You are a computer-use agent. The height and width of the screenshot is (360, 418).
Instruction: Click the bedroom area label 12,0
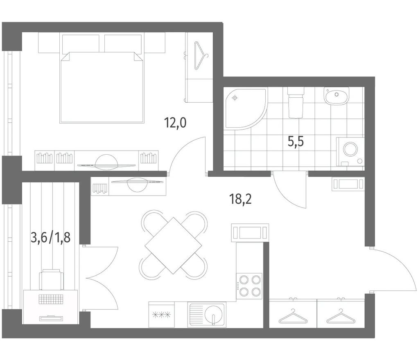[x=175, y=123]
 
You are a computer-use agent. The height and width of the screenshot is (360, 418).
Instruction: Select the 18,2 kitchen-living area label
[x=240, y=199]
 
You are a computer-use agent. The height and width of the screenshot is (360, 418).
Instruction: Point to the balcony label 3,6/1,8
[x=51, y=237]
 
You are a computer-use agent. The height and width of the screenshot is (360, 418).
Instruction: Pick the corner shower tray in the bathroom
[x=245, y=109]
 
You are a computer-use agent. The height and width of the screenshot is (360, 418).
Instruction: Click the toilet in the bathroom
[x=296, y=103]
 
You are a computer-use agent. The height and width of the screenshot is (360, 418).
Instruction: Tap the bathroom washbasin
[x=337, y=96]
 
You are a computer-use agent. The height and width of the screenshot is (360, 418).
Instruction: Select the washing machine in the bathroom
[x=350, y=152]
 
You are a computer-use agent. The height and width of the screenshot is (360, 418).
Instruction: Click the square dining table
[x=173, y=245]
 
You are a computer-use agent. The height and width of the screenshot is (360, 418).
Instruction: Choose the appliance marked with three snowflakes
[x=161, y=315]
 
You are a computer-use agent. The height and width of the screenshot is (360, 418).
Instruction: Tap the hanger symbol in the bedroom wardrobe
[x=200, y=56]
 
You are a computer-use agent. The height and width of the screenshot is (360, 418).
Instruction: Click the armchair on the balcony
[x=52, y=279]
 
